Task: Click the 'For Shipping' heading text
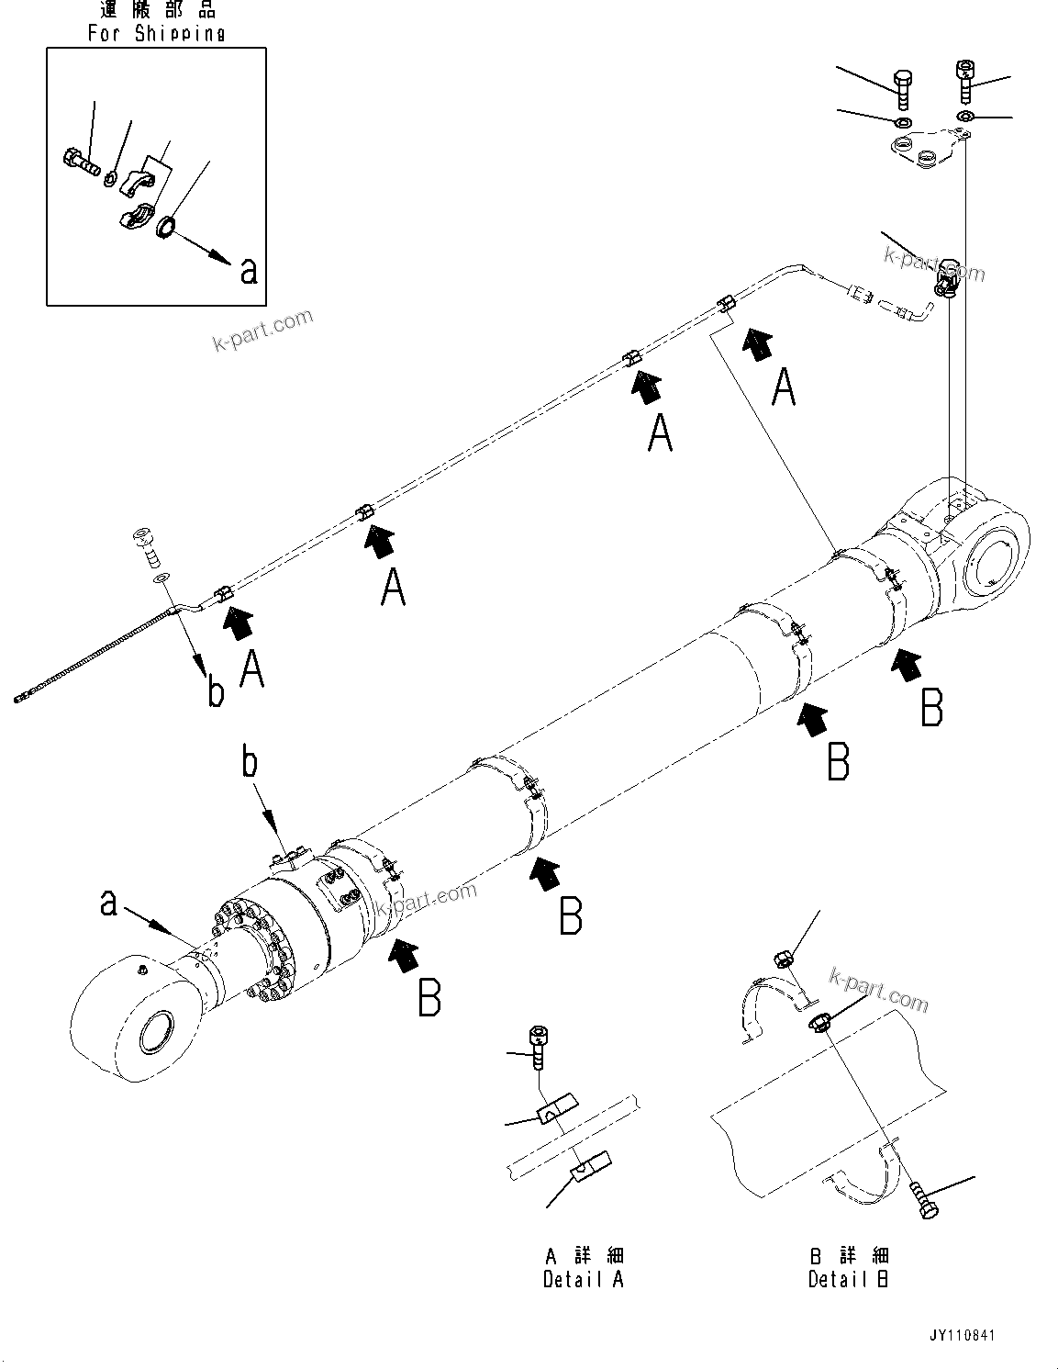(156, 33)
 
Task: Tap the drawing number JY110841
(961, 1336)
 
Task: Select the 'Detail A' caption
(583, 1279)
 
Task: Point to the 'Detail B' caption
(848, 1279)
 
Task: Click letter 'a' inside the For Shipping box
(248, 271)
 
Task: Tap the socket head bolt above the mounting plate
(964, 80)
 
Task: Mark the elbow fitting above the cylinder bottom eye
(947, 278)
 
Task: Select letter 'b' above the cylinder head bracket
(249, 764)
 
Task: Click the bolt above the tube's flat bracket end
(146, 544)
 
